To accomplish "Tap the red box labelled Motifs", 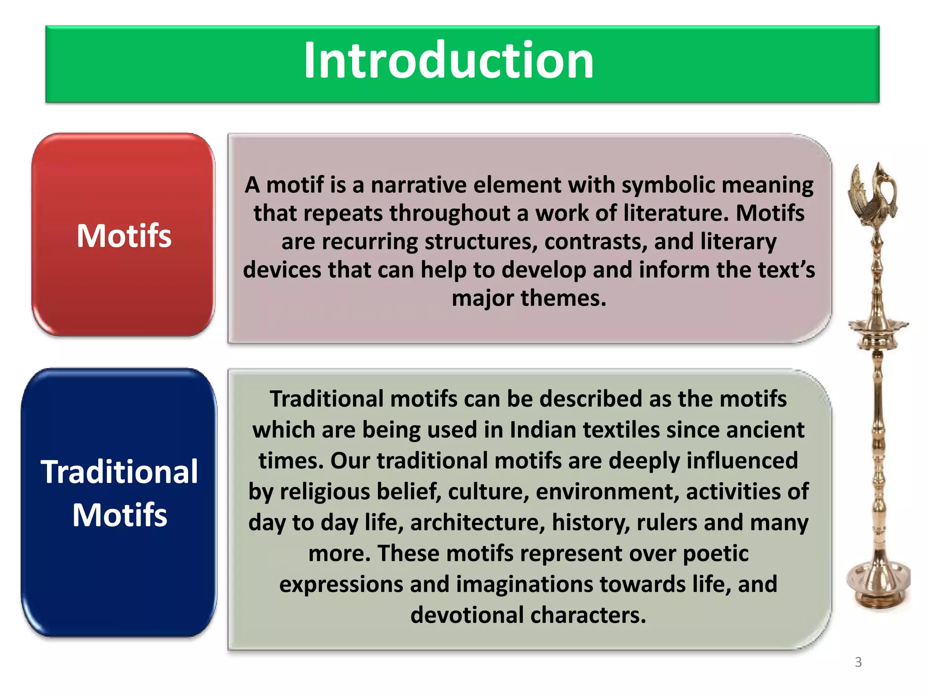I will point(123,235).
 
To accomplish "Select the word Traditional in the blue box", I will point(119,471).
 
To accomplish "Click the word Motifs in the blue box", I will point(119,515).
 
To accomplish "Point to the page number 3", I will point(858,662).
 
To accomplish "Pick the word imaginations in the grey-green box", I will point(524,584).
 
